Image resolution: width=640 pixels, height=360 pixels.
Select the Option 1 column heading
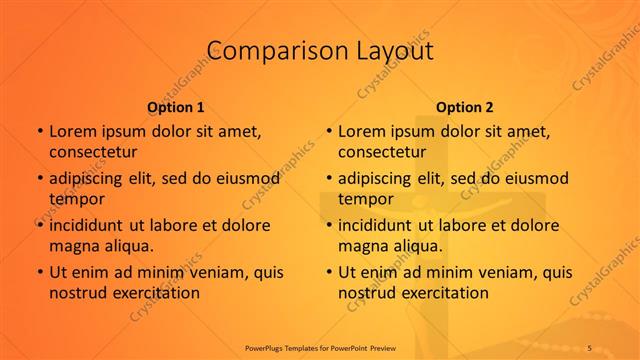coord(176,106)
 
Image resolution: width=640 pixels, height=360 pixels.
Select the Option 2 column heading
coord(465,106)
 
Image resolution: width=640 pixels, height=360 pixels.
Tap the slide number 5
coord(590,346)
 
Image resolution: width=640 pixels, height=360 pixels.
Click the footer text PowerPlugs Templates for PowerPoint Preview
coord(321,346)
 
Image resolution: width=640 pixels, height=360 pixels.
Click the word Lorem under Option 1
coord(73,131)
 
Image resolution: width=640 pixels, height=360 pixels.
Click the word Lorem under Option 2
coord(362,131)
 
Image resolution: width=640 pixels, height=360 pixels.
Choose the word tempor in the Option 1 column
coord(75,199)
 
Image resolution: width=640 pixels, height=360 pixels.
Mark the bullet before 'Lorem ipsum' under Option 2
coord(328,131)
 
